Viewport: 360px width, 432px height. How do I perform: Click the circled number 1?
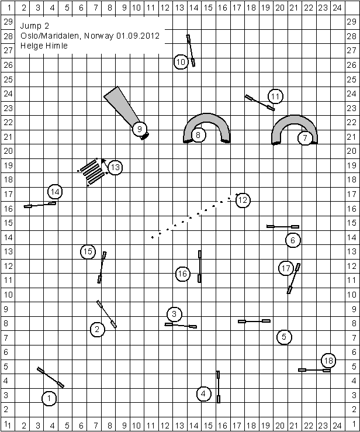tap(50, 398)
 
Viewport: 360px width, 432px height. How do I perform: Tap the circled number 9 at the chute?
tap(139, 129)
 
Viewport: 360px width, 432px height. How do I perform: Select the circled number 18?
tap(328, 360)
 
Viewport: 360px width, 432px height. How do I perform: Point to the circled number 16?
tap(182, 274)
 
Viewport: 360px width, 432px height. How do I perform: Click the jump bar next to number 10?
tap(191, 50)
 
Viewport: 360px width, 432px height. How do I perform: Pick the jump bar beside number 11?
tap(259, 102)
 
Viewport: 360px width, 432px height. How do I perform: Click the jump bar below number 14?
tap(40, 205)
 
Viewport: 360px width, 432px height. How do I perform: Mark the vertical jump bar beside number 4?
tap(218, 386)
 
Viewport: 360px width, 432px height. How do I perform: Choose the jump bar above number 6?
tap(283, 226)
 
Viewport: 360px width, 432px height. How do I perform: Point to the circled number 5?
tap(283, 337)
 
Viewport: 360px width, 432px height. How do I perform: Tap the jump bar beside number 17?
tap(293, 278)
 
